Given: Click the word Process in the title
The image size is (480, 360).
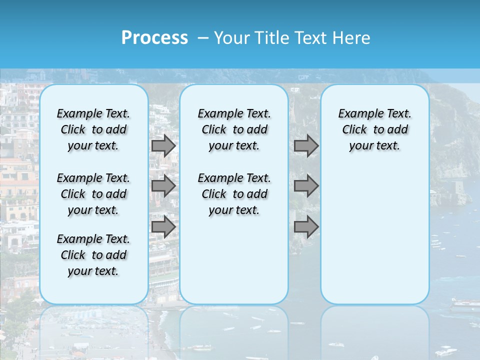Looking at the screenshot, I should [x=154, y=37].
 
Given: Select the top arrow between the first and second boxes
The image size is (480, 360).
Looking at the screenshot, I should [x=163, y=145].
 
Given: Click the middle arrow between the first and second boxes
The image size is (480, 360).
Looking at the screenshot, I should [x=163, y=186].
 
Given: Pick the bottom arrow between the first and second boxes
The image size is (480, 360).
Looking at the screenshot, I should [x=163, y=227].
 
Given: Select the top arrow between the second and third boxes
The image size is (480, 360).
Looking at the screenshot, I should [x=306, y=145].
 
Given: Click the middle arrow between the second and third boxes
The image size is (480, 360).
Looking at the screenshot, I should [x=306, y=186].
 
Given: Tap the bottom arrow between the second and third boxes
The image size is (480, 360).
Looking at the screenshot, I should [x=306, y=227].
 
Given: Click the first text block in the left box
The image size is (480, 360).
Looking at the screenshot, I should [x=93, y=129].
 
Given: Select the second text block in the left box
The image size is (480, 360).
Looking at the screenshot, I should [x=93, y=194].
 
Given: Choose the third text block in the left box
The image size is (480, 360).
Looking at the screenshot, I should [x=93, y=255].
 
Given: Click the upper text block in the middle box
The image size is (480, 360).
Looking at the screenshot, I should [x=234, y=129].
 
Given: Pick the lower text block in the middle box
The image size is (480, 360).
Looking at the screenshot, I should [x=234, y=194].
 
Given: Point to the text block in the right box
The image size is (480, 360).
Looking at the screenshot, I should [x=374, y=129].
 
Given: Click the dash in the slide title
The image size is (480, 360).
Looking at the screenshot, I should [x=203, y=38].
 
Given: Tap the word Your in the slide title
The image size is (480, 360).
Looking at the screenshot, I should [x=233, y=38].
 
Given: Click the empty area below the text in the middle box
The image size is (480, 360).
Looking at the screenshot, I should [x=234, y=260].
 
